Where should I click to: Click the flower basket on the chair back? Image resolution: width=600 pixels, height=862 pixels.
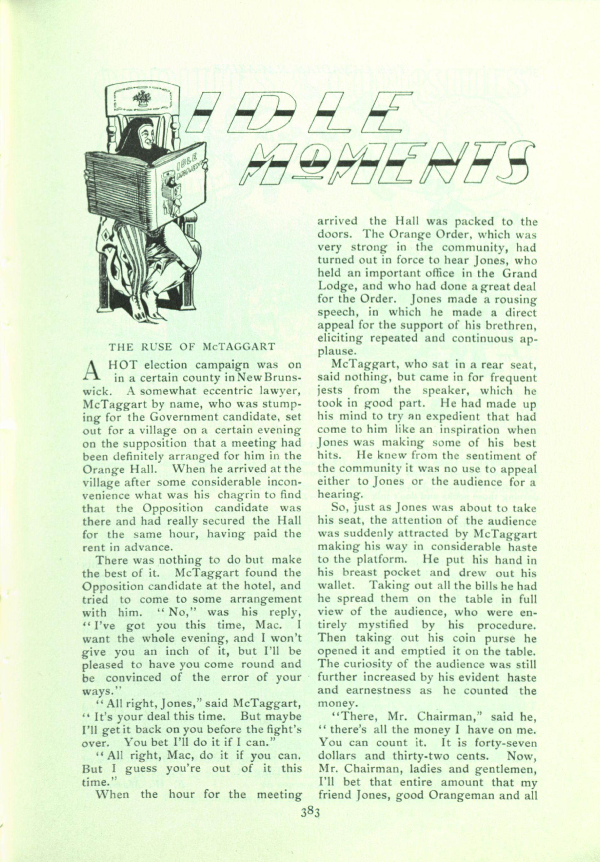click(142, 98)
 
